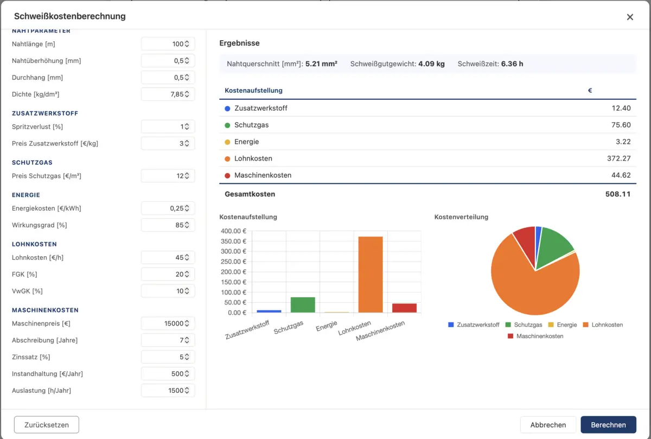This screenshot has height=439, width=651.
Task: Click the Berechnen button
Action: [x=608, y=424]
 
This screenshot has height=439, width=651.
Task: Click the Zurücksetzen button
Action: [x=47, y=424]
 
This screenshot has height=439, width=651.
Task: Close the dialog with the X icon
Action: [x=630, y=17]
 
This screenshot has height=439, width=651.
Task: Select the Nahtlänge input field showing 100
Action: [x=168, y=44]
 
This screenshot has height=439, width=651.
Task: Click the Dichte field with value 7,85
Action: [x=168, y=94]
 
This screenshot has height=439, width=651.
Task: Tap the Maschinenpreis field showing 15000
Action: [x=168, y=323]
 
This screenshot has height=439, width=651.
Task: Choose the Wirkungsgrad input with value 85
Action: [x=168, y=225]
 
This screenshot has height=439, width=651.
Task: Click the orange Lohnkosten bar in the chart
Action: [x=370, y=275]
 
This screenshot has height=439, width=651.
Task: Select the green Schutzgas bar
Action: [x=303, y=304]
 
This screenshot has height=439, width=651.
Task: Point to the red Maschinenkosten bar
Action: [x=404, y=308]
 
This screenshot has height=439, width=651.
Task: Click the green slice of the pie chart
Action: [x=554, y=247]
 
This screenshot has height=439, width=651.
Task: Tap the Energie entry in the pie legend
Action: [x=563, y=325]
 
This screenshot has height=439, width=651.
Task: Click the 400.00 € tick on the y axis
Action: [x=233, y=231]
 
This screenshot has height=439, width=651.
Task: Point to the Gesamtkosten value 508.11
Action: [x=618, y=194]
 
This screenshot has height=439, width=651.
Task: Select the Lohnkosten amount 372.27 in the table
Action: [x=619, y=158]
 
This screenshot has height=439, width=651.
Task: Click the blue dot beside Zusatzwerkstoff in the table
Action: [x=227, y=109]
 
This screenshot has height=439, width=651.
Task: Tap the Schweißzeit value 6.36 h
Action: [x=512, y=64]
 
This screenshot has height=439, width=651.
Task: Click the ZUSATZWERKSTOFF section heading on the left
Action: [x=45, y=113]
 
